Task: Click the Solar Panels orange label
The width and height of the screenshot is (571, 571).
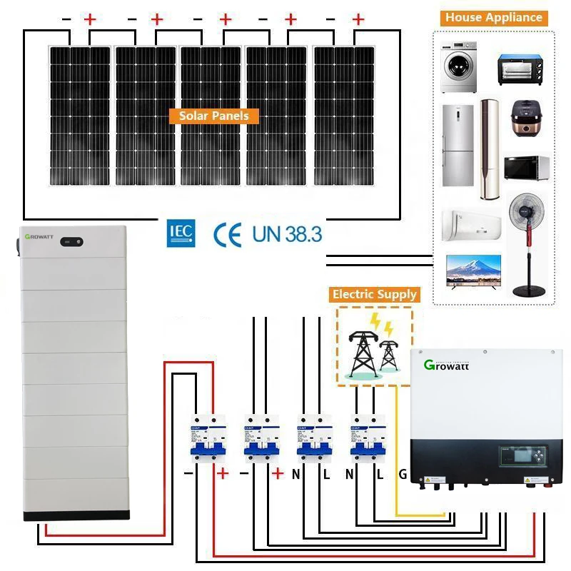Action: pyautogui.click(x=213, y=116)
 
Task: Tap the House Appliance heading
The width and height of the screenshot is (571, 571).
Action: pyautogui.click(x=493, y=18)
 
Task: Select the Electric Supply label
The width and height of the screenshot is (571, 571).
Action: pyautogui.click(x=374, y=294)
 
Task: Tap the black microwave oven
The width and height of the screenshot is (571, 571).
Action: pyautogui.click(x=526, y=168)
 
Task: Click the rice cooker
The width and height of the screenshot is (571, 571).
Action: pyautogui.click(x=527, y=118)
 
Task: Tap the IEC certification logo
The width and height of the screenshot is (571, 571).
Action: pyautogui.click(x=178, y=233)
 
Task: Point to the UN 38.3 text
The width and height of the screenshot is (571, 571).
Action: pyautogui.click(x=287, y=233)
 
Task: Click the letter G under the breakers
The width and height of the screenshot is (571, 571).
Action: pyautogui.click(x=403, y=474)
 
